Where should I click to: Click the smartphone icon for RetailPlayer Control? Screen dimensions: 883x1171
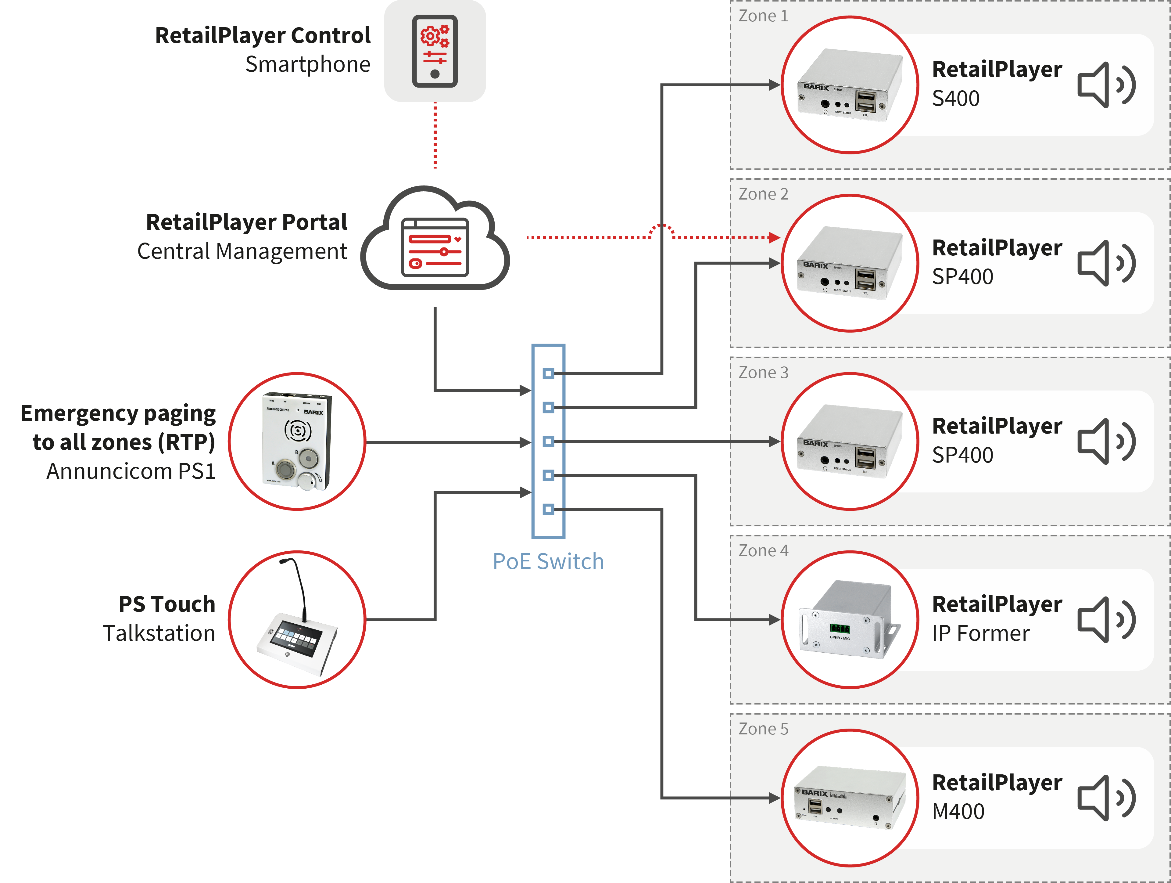point(435,51)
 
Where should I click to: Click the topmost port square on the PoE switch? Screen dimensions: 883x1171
point(548,373)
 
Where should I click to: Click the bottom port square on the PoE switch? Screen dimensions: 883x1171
point(548,510)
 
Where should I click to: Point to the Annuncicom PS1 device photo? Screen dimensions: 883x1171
point(297,441)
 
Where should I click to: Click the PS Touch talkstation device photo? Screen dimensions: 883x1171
point(297,620)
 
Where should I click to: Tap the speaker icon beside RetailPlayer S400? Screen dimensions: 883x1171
point(1106,85)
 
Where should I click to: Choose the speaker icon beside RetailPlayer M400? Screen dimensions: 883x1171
point(1106,798)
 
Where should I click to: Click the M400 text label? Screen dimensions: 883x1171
point(958,812)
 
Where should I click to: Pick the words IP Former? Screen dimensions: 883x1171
point(980,633)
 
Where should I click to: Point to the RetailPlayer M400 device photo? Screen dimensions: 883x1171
point(850,798)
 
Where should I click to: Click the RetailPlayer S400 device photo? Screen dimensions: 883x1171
point(850,85)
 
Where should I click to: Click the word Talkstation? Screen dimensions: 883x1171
point(159,633)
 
